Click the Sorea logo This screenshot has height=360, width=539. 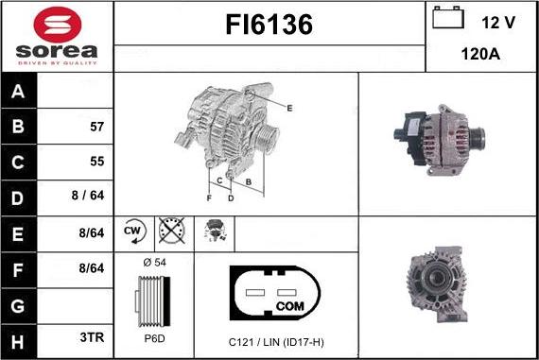tap(57, 36)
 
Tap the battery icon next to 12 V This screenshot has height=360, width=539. tap(447, 20)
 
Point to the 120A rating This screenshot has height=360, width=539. tap(481, 54)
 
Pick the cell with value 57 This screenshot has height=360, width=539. tap(96, 126)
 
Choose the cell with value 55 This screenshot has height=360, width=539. tap(96, 161)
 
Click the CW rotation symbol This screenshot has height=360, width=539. tap(132, 231)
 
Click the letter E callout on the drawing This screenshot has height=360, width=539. tap(289, 109)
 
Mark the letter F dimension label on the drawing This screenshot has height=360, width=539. tap(209, 198)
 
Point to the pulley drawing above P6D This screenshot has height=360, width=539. tap(151, 300)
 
